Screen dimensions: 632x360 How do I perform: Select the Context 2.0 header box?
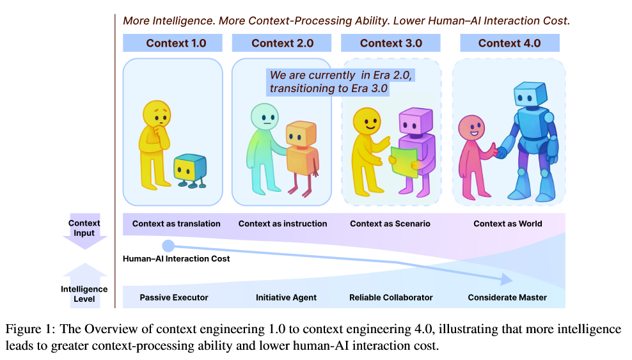pyautogui.click(x=282, y=43)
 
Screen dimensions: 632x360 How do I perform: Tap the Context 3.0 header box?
pyautogui.click(x=391, y=43)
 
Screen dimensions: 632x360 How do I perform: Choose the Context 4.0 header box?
pyautogui.click(x=509, y=43)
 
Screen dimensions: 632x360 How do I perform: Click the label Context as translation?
pyautogui.click(x=176, y=224)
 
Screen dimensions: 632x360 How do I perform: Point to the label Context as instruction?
pyautogui.click(x=282, y=224)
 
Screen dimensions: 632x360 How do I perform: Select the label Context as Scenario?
pyautogui.click(x=390, y=224)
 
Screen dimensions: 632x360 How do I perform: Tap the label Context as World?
pyautogui.click(x=507, y=224)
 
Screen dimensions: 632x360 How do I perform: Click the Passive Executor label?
pyautogui.click(x=174, y=297)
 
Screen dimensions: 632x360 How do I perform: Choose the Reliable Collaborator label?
pyautogui.click(x=391, y=297)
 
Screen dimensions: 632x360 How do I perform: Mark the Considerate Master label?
pyautogui.click(x=507, y=297)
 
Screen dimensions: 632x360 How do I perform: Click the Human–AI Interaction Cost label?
pyautogui.click(x=176, y=259)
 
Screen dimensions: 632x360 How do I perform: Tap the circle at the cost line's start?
pyautogui.click(x=168, y=246)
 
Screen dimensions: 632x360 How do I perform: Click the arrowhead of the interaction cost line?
pyautogui.click(x=507, y=279)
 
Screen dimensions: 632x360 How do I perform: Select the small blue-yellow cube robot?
pyautogui.click(x=190, y=168)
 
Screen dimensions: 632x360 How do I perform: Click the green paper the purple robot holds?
pyautogui.click(x=404, y=159)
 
